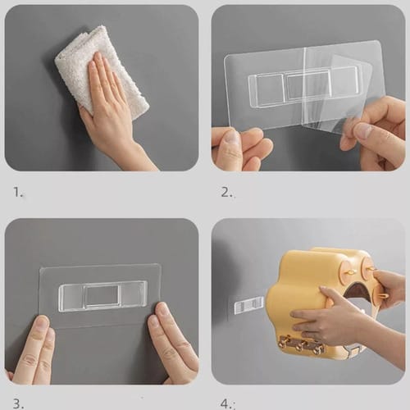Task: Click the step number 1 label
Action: coord(17,194)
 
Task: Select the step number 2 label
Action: coord(227,194)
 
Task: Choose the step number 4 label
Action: coord(227,403)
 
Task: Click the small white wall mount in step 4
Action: coord(248,305)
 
